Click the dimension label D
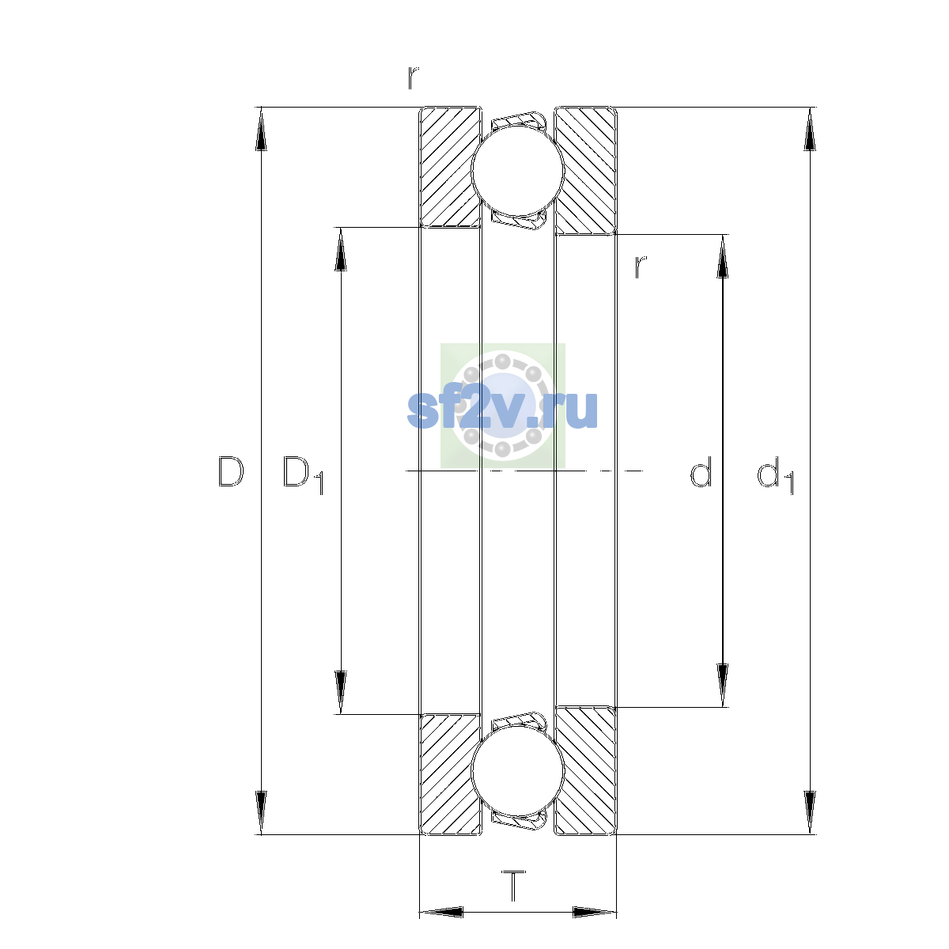(x=230, y=472)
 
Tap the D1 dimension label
(x=303, y=475)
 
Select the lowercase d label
(x=701, y=471)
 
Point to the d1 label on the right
(x=776, y=475)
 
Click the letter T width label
(x=514, y=886)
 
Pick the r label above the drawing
(x=413, y=78)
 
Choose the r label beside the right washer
(x=641, y=267)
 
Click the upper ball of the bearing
(x=517, y=170)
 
